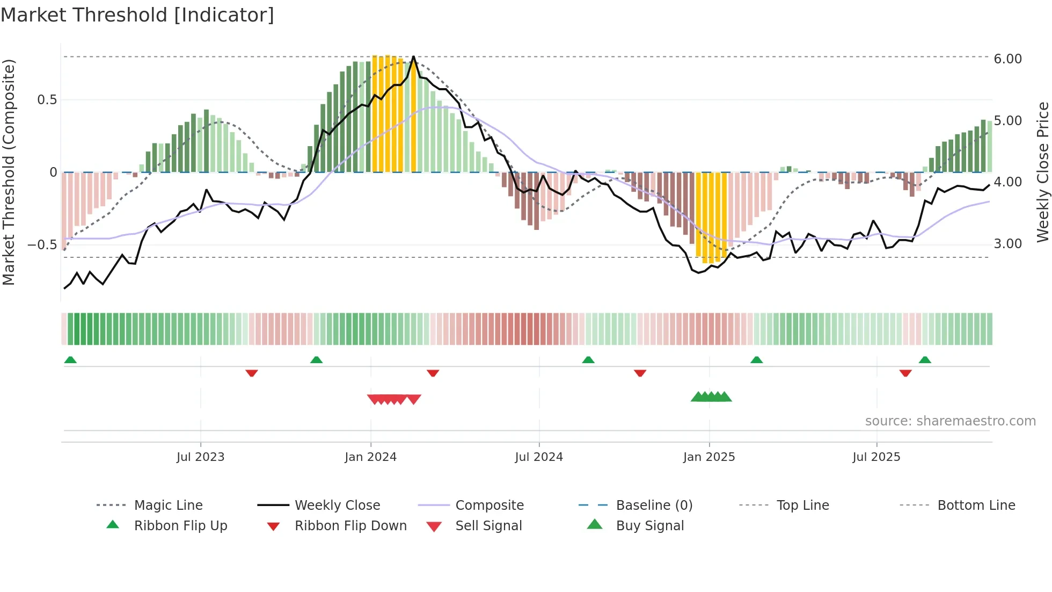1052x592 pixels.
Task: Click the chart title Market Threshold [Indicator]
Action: pyautogui.click(x=137, y=15)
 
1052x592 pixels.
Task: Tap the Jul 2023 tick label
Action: pyautogui.click(x=200, y=457)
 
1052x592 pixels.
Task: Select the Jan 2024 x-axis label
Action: pyautogui.click(x=370, y=457)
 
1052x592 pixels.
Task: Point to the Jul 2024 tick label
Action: pyautogui.click(x=539, y=457)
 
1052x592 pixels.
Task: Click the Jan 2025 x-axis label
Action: pyautogui.click(x=709, y=457)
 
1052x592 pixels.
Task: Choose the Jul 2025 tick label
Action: pyautogui.click(x=876, y=457)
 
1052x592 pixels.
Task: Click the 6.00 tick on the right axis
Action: pyautogui.click(x=1007, y=59)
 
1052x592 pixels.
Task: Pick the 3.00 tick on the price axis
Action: pyautogui.click(x=1007, y=244)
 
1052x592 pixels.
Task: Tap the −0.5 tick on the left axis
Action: pyautogui.click(x=42, y=245)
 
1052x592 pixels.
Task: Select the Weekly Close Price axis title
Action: pyautogui.click(x=1042, y=172)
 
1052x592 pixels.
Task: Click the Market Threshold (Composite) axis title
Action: pyautogui.click(x=9, y=172)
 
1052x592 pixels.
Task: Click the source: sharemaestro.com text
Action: pyautogui.click(x=950, y=421)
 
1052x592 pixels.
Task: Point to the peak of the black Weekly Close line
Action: pyautogui.click(x=413, y=57)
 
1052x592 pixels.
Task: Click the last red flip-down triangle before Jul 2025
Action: pyautogui.click(x=640, y=373)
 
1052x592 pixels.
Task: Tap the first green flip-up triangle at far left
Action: pyautogui.click(x=70, y=360)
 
